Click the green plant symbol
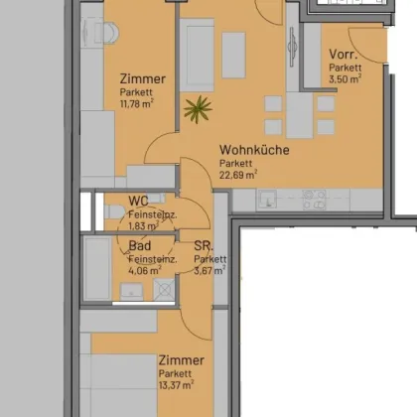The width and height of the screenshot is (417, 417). (197, 108)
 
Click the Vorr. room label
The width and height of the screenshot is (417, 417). (344, 55)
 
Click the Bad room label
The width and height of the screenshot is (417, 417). (139, 245)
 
